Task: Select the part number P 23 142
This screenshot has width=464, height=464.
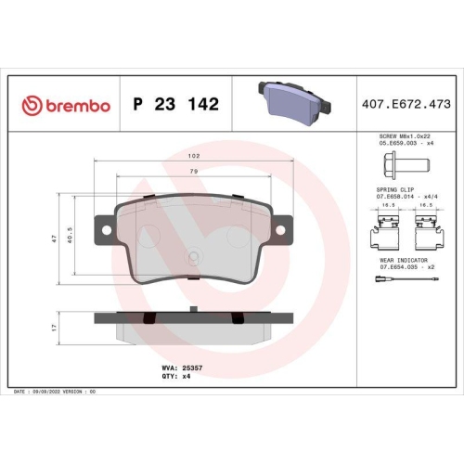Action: tap(176, 105)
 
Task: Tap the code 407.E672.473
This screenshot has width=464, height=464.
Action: tap(405, 105)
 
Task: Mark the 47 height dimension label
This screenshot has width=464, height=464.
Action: tap(55, 238)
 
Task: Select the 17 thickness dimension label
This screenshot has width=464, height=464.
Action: tap(55, 328)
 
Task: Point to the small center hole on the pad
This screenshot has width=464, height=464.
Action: tap(191, 259)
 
